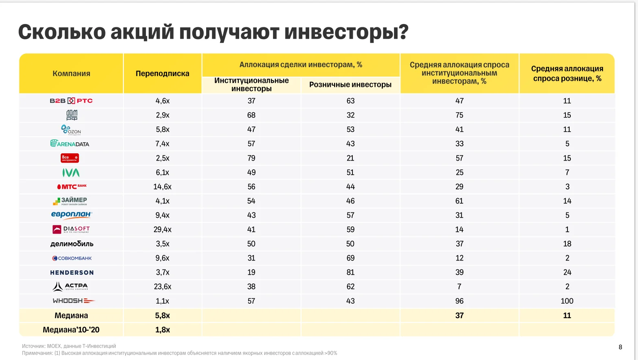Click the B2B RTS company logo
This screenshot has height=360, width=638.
[71, 101]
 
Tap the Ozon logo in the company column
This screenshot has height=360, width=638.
[71, 130]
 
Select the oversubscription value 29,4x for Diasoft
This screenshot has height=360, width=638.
[162, 230]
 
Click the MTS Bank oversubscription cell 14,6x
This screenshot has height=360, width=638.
[162, 187]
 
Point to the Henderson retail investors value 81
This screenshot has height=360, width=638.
[350, 272]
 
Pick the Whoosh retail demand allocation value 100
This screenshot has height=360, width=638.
[567, 301]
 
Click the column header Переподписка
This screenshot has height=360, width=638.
[162, 73]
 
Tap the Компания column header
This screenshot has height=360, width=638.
[71, 73]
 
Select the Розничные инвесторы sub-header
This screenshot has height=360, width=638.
[350, 85]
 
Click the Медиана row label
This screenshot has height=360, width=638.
[71, 316]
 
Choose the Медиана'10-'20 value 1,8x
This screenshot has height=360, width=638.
[162, 330]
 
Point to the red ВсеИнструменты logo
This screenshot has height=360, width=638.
[70, 158]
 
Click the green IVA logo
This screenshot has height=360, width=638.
[71, 172]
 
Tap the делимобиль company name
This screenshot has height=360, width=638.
[72, 244]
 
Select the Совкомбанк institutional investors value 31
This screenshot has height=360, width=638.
[251, 258]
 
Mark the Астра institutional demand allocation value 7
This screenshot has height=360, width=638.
[459, 287]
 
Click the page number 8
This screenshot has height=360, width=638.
[620, 347]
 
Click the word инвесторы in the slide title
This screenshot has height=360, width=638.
[346, 32]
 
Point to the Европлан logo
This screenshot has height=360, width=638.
[72, 215]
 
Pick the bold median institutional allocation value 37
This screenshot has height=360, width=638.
[459, 316]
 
